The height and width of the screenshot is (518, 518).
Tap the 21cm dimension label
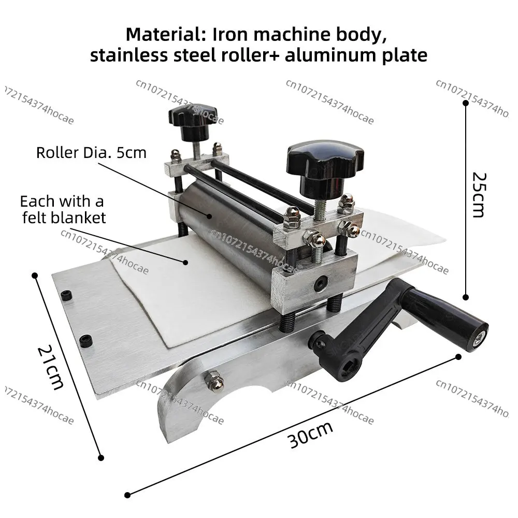coord(50,367)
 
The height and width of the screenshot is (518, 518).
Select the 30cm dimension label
coord(310,435)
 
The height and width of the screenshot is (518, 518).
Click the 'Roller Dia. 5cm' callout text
coord(91,153)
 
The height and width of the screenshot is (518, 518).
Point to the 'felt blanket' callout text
coord(64,218)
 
